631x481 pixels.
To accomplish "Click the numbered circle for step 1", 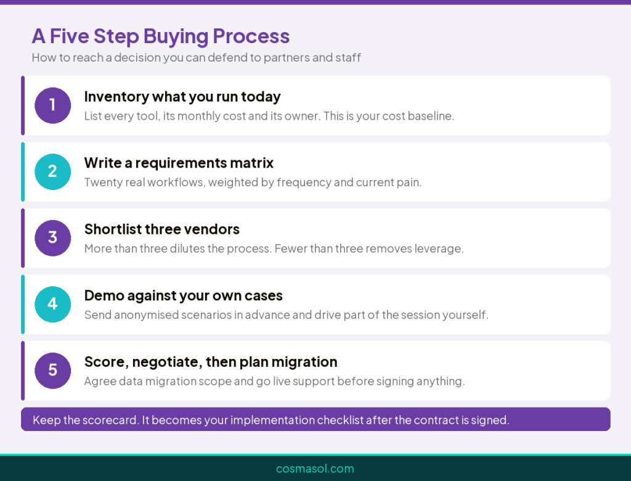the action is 53,105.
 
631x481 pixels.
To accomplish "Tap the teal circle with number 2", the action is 53,171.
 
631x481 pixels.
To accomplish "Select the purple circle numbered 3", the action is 53,238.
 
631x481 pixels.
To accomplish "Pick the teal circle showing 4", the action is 53,304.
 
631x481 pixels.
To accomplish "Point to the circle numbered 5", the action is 53,371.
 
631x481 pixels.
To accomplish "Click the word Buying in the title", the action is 176,37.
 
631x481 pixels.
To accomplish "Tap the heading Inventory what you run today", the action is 182,97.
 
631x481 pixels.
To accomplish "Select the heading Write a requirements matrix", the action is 179,163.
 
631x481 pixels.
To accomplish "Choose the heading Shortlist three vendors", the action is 162,229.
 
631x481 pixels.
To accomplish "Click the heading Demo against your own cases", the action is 184,296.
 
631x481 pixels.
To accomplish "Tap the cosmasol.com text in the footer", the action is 315,469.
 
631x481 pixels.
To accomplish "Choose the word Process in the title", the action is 251,36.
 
